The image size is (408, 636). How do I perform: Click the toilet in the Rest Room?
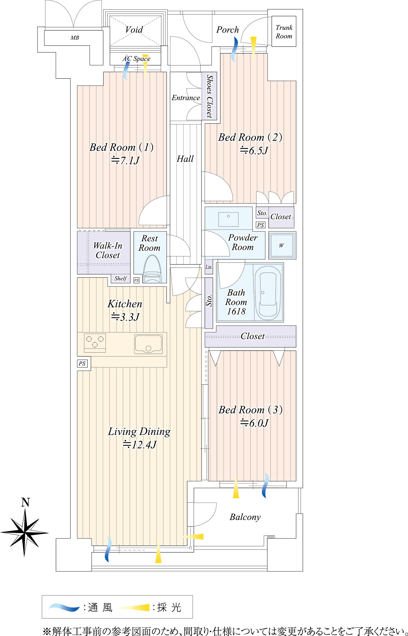pos(152,269)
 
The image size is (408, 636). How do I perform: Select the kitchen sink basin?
pos(148,344)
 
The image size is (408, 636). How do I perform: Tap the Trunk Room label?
pos(284,32)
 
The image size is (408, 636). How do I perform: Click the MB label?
pos(75,38)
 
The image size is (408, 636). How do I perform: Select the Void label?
pos(134,30)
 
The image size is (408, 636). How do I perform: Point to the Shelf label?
pos(121,279)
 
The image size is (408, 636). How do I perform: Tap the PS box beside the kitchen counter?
pos(82,363)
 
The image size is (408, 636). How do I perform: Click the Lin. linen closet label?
pos(209,267)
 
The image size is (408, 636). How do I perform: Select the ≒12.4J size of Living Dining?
pos(140,445)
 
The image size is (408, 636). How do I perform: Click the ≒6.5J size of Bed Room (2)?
pos(254,150)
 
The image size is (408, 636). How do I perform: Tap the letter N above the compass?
pos(25,502)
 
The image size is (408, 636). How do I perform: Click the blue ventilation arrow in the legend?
pos(64,607)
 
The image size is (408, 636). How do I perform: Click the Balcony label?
pos(245,517)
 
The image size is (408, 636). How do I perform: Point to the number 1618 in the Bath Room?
pos(236,311)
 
